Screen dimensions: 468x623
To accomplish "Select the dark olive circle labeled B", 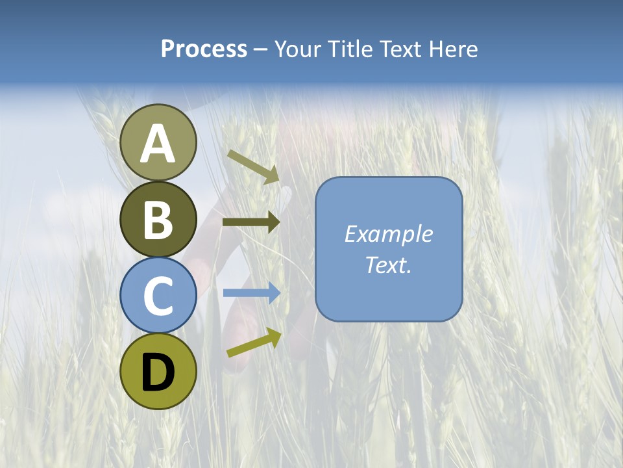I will tap(158, 219).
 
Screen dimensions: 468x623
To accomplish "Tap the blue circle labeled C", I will tap(158, 295).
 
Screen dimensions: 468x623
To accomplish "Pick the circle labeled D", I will tap(158, 371).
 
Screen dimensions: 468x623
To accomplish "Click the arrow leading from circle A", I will tap(253, 166).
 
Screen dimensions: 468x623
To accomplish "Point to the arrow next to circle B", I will tap(251, 222).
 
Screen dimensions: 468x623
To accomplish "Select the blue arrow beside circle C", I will tap(252, 293).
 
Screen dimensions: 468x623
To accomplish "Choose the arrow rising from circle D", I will tap(254, 343).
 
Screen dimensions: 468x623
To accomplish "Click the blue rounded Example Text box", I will tap(389, 250).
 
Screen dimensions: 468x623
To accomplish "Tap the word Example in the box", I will tap(389, 234).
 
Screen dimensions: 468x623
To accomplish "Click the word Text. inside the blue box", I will tap(389, 265).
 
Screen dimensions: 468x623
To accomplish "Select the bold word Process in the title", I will tap(204, 49).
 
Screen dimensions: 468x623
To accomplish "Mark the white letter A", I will tap(158, 144).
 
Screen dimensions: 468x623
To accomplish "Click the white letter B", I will tap(158, 220).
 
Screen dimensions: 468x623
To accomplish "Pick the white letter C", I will tap(158, 296).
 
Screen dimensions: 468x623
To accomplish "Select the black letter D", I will tap(158, 372).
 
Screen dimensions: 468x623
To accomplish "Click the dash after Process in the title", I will tap(261, 50).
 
